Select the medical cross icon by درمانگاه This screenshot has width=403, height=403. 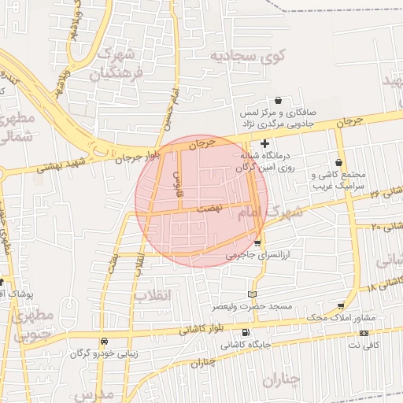click(264, 143)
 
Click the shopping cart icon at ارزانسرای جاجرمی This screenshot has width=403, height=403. click(257, 242)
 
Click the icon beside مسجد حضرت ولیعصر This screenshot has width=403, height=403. click(252, 294)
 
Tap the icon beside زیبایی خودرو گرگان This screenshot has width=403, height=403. click(105, 341)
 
